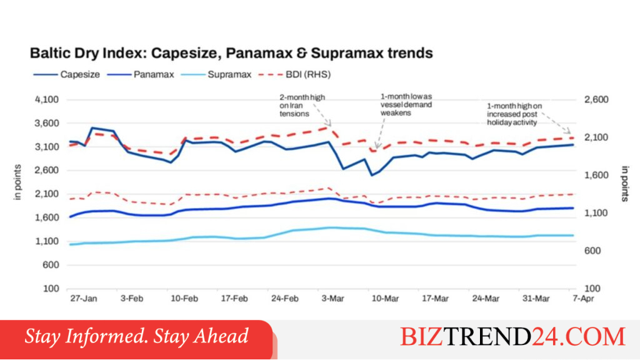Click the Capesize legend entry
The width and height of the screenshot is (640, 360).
coord(66,74)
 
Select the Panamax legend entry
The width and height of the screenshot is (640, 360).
coord(141,74)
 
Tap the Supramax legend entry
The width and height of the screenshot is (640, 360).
coord(216,74)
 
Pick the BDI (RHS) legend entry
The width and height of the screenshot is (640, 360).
coord(295,74)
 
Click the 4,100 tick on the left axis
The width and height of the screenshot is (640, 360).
coord(47,99)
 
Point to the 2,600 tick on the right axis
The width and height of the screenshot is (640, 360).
coord(596,99)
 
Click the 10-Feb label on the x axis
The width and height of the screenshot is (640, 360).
coord(184,298)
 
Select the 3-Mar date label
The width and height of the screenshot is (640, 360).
coord(332,298)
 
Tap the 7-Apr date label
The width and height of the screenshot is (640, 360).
coord(583,298)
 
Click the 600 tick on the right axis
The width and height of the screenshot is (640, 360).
coord(592,251)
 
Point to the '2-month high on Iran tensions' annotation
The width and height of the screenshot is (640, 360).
coord(302,105)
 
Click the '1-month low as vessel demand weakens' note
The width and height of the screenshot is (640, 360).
coord(406,104)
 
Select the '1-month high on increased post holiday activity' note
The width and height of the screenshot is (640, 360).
coord(514,114)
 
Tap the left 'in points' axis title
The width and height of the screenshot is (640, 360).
coord(17,182)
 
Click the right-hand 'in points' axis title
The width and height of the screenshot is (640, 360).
coord(625,184)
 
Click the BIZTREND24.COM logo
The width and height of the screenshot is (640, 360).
coord(512,337)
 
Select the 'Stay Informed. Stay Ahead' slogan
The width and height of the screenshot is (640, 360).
coord(136,336)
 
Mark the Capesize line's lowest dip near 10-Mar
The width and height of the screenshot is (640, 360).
coord(372,176)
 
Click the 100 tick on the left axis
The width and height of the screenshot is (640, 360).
coord(51,289)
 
